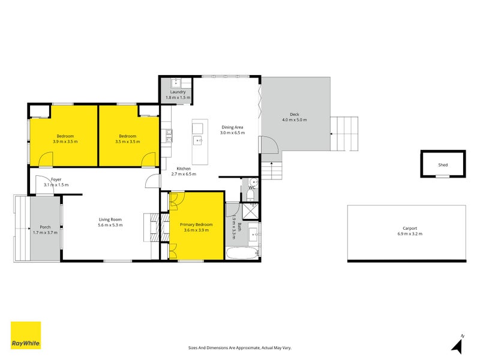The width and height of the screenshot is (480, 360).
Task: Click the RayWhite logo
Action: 26,335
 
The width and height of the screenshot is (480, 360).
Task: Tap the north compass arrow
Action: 459,345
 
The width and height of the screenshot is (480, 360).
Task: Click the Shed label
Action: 442,164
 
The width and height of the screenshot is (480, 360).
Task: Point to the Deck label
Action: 294,115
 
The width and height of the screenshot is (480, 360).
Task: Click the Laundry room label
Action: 178,92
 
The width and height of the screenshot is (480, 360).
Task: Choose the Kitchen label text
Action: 184,169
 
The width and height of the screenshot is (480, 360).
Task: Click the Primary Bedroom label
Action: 196,224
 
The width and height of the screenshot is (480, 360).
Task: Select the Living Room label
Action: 110,220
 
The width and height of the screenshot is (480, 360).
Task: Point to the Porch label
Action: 45,227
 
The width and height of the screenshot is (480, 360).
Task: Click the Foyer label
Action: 56,179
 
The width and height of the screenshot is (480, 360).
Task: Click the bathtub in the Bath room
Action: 243,253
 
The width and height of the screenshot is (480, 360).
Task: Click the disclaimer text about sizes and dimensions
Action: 239,347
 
